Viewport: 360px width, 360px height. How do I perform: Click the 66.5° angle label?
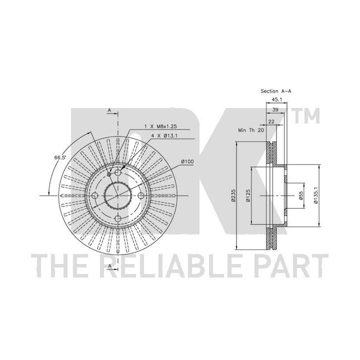pos(60,157)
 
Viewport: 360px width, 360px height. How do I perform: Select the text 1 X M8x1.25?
pos(160,126)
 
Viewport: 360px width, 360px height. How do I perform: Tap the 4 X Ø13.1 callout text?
pos(164,135)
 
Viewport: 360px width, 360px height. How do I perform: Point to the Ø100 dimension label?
pos(187,161)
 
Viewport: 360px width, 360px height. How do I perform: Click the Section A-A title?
pos(275,91)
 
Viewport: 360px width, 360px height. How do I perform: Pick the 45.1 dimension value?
pos(276,99)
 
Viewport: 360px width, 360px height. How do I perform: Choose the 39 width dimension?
pos(275,109)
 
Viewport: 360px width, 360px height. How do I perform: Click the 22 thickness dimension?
pos(271,121)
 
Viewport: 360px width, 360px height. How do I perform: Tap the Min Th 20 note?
pos(251,130)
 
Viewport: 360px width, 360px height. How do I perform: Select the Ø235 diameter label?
pos(233,195)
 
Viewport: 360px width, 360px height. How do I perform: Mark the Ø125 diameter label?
pos(248,195)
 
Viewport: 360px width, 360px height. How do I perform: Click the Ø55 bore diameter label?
pos(301,195)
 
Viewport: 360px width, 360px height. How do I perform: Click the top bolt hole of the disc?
pos(118,172)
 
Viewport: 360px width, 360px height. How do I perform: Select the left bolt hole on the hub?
pos(95,195)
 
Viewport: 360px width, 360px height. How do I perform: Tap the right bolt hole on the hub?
pos(140,195)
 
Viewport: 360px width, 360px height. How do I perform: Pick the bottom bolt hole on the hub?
pos(118,218)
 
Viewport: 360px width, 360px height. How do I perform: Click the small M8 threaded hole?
pos(109,174)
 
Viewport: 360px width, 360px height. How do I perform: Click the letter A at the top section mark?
pos(109,110)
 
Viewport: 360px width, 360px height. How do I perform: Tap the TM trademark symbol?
pos(306,115)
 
